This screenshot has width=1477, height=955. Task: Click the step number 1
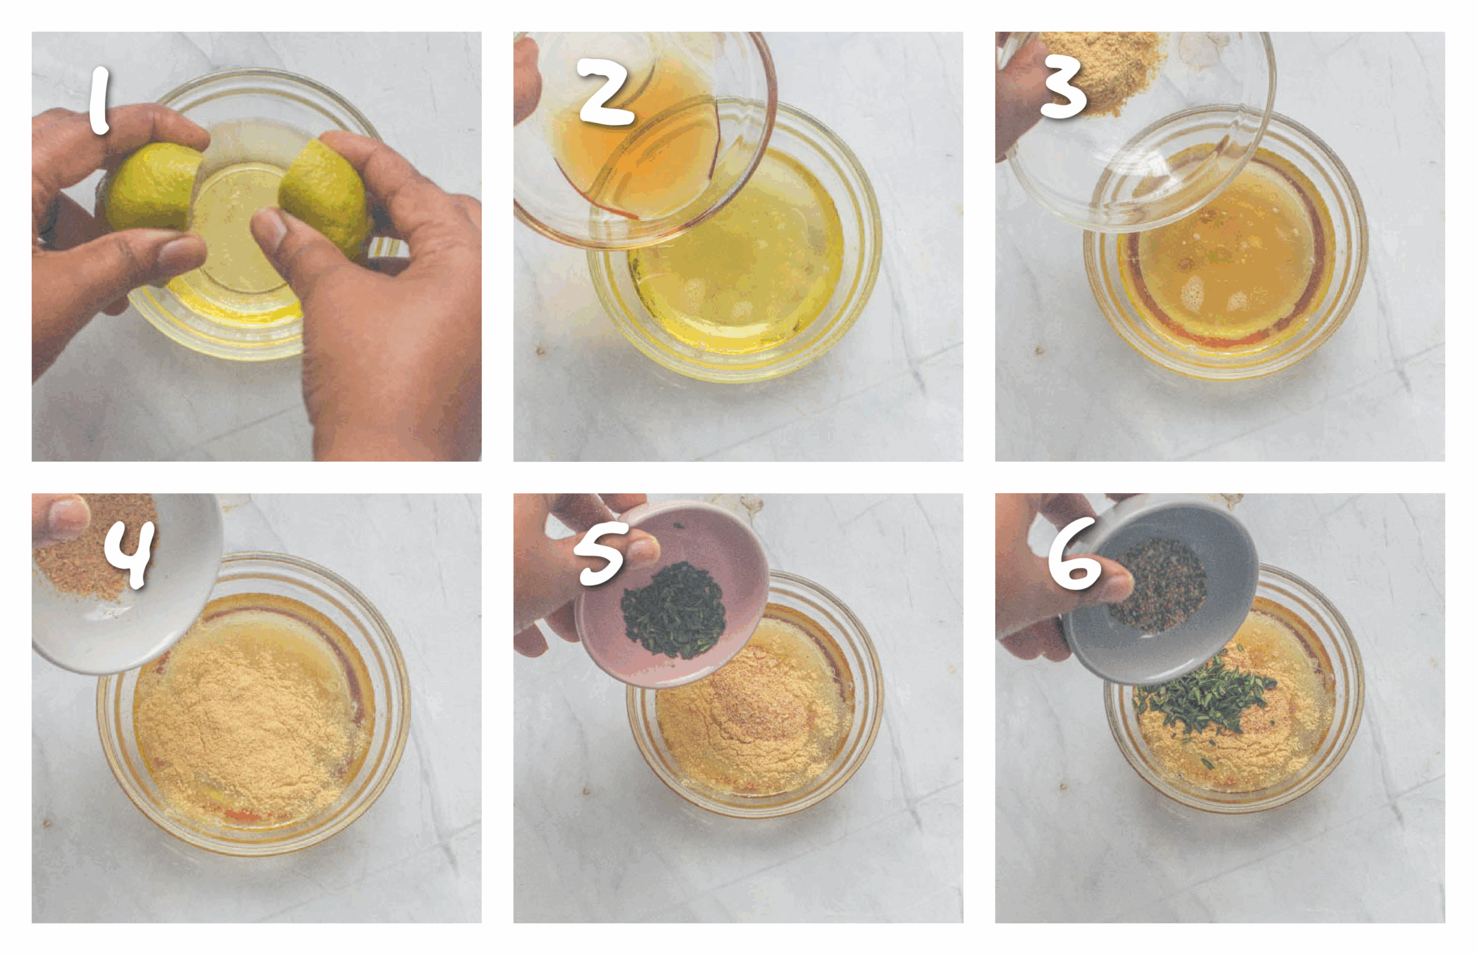(99, 101)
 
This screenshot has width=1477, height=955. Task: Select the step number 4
(129, 553)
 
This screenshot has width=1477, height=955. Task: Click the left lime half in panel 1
(152, 186)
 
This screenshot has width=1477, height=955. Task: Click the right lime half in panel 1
(325, 195)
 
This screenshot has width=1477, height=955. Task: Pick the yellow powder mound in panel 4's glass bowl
(242, 725)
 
